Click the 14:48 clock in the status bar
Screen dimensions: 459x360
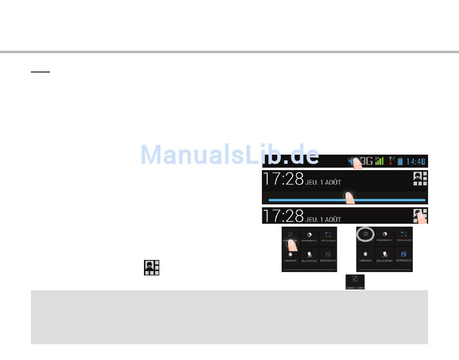coord(416,161)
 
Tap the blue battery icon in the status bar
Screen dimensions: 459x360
coord(400,161)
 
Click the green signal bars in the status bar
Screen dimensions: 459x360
coord(379,161)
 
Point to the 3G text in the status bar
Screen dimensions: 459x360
coord(366,161)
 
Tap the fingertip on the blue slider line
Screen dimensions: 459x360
coord(346,197)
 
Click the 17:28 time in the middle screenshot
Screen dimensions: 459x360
coord(283,179)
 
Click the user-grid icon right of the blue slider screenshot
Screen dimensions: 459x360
coord(420,179)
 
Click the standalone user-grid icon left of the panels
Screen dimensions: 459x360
coord(152,267)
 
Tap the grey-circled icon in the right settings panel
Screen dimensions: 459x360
coord(366,235)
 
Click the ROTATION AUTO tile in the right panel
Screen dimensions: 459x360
coord(403,256)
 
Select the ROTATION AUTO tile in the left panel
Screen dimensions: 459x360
coord(328,256)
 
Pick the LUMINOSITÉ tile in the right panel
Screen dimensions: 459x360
coord(366,256)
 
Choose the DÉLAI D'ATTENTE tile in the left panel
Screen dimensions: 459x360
coord(309,256)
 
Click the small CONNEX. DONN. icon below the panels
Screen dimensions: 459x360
coord(355,282)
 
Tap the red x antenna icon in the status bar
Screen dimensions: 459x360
coord(391,161)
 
